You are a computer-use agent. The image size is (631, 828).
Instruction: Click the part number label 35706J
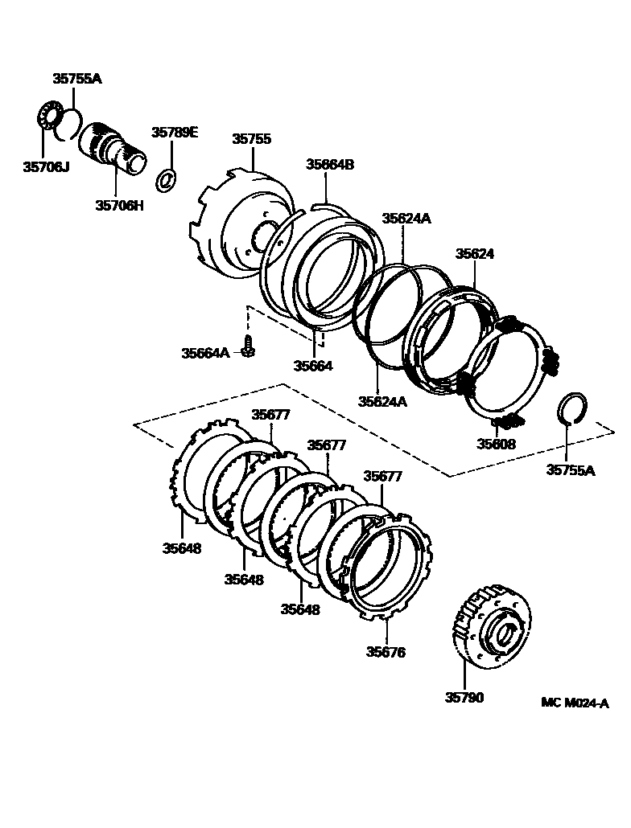47,166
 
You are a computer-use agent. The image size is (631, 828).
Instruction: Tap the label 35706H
120,205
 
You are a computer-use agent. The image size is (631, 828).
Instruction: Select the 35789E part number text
175,133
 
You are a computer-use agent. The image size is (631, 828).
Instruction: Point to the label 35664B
329,165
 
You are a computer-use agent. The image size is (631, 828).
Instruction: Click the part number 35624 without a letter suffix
475,253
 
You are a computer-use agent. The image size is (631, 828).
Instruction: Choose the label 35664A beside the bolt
205,352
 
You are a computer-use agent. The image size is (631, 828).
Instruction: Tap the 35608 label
497,443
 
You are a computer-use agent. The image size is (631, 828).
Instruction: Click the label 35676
387,652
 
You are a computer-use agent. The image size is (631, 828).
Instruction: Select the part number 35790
464,698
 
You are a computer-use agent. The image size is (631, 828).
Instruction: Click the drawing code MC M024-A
575,703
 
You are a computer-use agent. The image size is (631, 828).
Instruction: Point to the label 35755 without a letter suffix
252,138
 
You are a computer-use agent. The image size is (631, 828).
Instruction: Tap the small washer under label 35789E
167,179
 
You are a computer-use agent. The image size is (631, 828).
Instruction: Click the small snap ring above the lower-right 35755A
573,408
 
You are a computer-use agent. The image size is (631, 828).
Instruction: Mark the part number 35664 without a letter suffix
313,365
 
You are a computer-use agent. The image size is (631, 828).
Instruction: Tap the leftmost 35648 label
182,548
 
